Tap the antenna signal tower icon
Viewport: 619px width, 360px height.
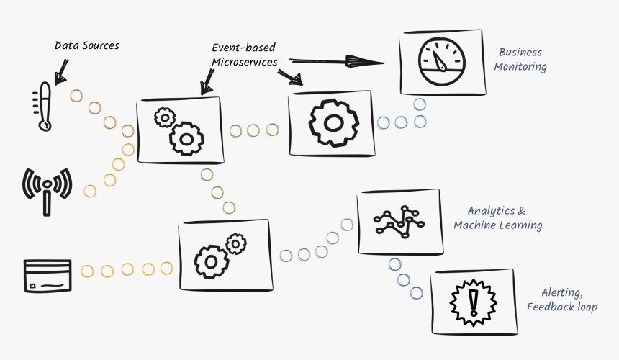tap(48, 188)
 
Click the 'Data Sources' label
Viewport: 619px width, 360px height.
tap(87, 45)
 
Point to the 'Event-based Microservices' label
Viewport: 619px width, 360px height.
tap(244, 55)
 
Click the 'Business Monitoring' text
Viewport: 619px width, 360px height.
tap(520, 59)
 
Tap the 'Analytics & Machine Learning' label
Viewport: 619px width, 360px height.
tap(497, 217)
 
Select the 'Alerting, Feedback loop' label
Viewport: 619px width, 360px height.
tap(561, 300)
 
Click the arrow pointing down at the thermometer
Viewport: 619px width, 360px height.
tap(60, 68)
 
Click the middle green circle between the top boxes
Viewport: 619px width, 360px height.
tap(253, 130)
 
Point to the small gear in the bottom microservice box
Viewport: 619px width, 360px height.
tap(235, 246)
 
